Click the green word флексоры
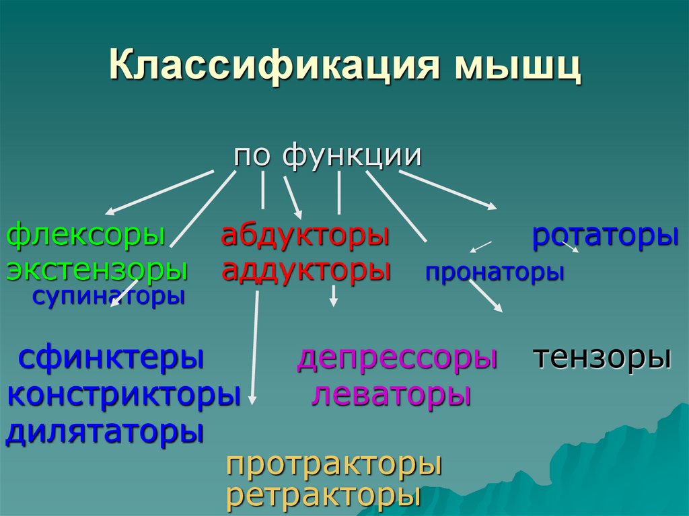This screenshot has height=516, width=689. pyautogui.click(x=86, y=237)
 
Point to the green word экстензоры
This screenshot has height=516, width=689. pyautogui.click(x=97, y=270)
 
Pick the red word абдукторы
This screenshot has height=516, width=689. pyautogui.click(x=305, y=237)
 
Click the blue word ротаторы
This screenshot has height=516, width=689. pyautogui.click(x=605, y=237)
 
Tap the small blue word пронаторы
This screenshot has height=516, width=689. pyautogui.click(x=495, y=272)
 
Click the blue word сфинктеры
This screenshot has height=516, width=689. pyautogui.click(x=111, y=358)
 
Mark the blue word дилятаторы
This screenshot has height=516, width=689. pyautogui.click(x=104, y=431)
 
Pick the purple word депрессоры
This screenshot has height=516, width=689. pyautogui.click(x=397, y=358)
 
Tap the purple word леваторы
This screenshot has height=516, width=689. pyautogui.click(x=390, y=394)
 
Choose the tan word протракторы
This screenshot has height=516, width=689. pyautogui.click(x=334, y=465)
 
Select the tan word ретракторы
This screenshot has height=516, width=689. pyautogui.click(x=324, y=496)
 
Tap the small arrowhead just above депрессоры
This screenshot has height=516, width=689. pyautogui.click(x=333, y=303)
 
